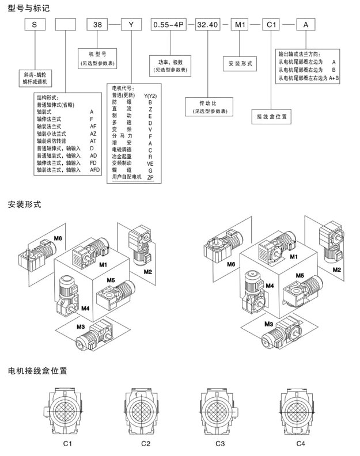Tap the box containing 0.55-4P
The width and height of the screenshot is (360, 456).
(167, 26)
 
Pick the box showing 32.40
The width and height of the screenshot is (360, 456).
(207, 26)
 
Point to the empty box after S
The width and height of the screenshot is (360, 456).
(65, 26)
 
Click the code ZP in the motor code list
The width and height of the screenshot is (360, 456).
(150, 179)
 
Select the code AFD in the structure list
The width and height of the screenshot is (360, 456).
(96, 170)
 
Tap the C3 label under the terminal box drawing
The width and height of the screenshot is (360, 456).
(220, 444)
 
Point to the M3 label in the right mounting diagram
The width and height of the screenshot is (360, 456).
(268, 324)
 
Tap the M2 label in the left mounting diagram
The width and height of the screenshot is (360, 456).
(147, 271)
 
